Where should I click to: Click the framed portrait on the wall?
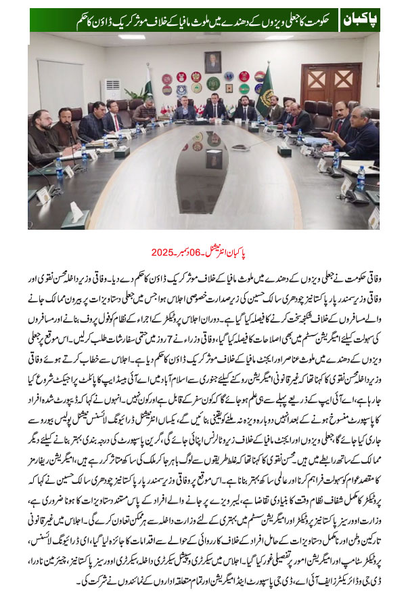(x=213, y=62)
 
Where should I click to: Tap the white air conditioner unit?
(x=110, y=89)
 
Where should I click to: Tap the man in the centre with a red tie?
(x=216, y=108)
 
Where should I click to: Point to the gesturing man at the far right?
(x=359, y=132)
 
